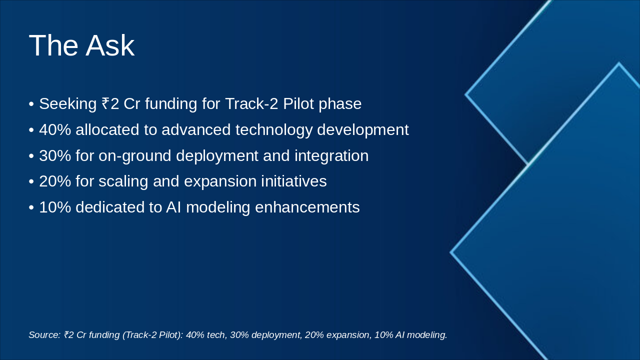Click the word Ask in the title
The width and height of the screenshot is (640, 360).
pyautogui.click(x=110, y=45)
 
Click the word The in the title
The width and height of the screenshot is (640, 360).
pyautogui.click(x=53, y=45)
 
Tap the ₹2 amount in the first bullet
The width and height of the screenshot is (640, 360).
pyautogui.click(x=110, y=103)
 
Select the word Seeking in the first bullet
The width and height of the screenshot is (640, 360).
pyautogui.click(x=67, y=103)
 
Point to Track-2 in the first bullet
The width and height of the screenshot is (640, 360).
pyautogui.click(x=251, y=103)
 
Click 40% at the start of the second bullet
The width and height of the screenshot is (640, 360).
pyautogui.click(x=55, y=129)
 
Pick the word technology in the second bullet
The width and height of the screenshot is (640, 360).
pyautogui.click(x=273, y=130)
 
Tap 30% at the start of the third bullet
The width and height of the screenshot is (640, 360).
pyautogui.click(x=55, y=155)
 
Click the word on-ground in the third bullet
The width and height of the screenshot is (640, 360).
pyautogui.click(x=135, y=156)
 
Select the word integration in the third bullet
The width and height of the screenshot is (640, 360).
pyautogui.click(x=331, y=156)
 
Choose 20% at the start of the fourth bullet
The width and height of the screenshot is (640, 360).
pyautogui.click(x=55, y=181)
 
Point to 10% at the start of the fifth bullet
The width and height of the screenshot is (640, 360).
pyautogui.click(x=55, y=207)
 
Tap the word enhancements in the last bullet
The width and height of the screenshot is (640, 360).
pyautogui.click(x=307, y=207)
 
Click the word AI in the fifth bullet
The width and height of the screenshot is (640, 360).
pyautogui.click(x=173, y=207)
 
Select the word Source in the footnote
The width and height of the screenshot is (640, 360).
pyautogui.click(x=44, y=335)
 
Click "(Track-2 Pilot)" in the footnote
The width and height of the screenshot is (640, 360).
pyautogui.click(x=152, y=335)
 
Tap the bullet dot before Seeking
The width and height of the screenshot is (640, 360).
pyautogui.click(x=31, y=104)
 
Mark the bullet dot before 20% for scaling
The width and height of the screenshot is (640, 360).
pyautogui.click(x=31, y=182)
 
